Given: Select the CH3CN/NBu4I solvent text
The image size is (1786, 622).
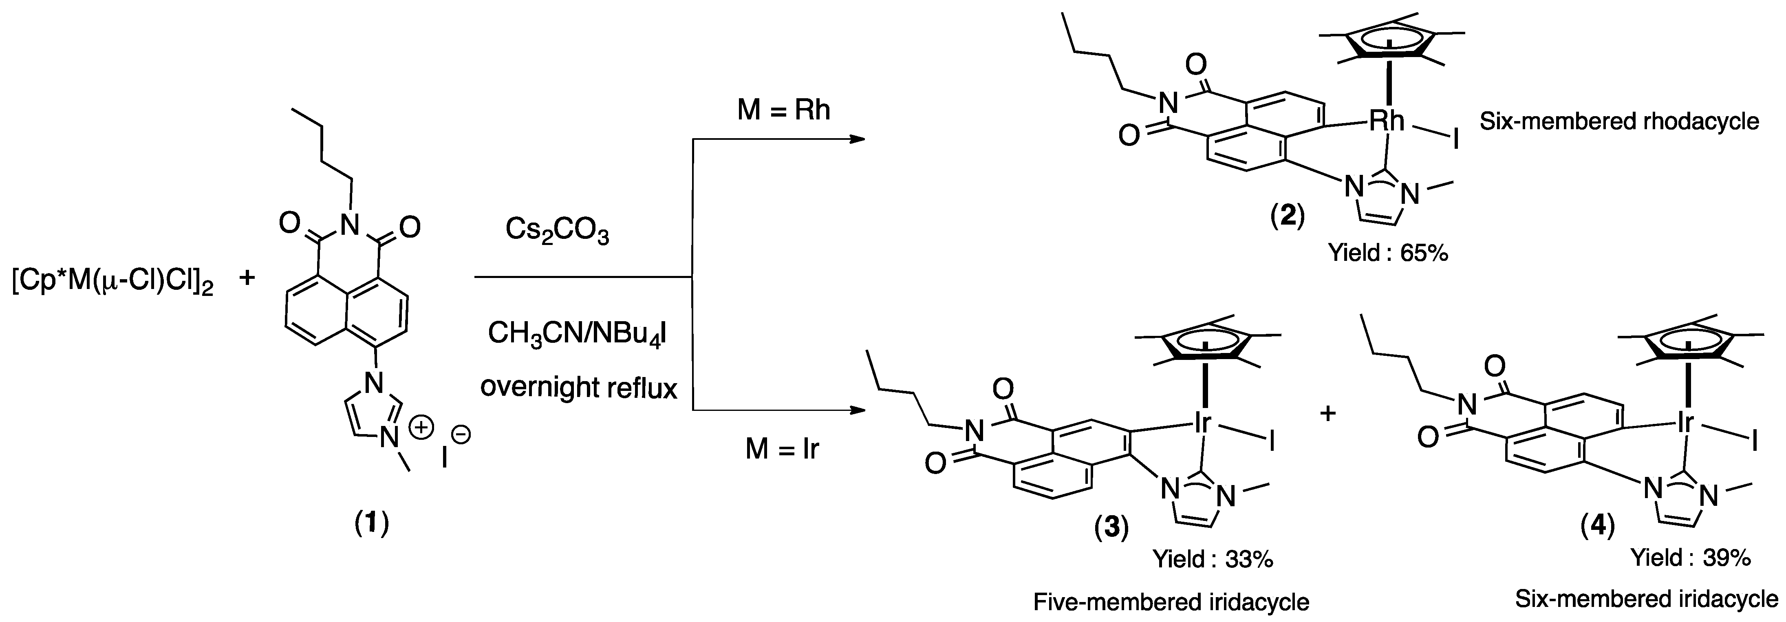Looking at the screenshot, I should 578,333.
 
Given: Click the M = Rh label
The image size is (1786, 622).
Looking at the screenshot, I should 783,110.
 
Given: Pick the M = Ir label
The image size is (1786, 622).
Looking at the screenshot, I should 781,449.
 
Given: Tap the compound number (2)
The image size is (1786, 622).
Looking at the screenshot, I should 1287,217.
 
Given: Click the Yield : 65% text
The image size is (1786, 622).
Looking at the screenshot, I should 1388,253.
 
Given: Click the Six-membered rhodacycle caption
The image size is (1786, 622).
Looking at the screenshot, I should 1619,122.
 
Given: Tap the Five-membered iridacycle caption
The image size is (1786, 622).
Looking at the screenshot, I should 1171,602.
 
